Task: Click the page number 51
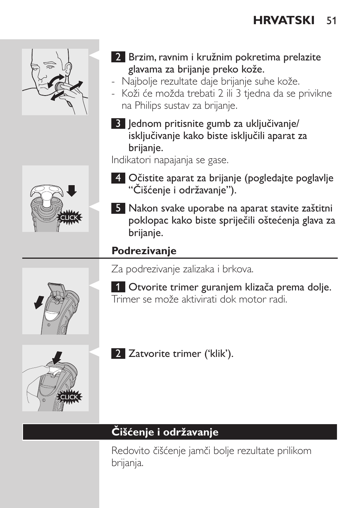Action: click(331, 20)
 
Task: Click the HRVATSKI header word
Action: click(284, 20)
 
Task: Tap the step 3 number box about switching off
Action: click(118, 124)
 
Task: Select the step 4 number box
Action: click(118, 178)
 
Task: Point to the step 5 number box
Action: click(118, 208)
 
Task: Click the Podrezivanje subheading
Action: click(144, 251)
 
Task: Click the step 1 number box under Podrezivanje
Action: click(118, 287)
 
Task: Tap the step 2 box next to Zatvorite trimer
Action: click(118, 354)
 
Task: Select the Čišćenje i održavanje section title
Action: click(165, 432)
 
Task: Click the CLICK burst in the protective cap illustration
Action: click(69, 218)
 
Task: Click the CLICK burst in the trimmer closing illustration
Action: click(69, 397)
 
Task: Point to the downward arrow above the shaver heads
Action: click(71, 191)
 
